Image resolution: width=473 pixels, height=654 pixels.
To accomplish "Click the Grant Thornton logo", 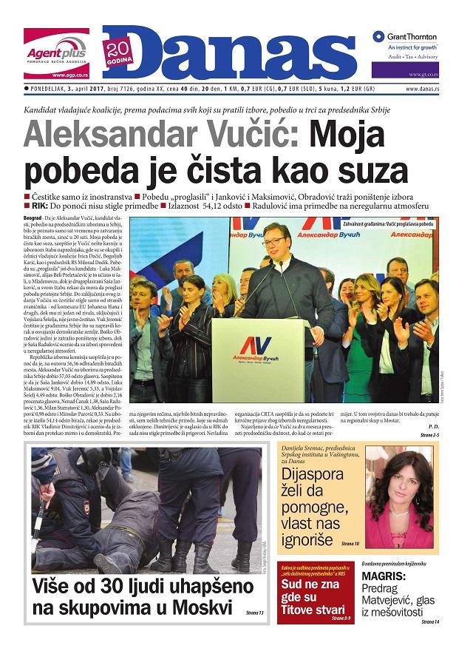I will [x=405, y=37].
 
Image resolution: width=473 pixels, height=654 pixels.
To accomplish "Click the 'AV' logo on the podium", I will [x=256, y=345].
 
